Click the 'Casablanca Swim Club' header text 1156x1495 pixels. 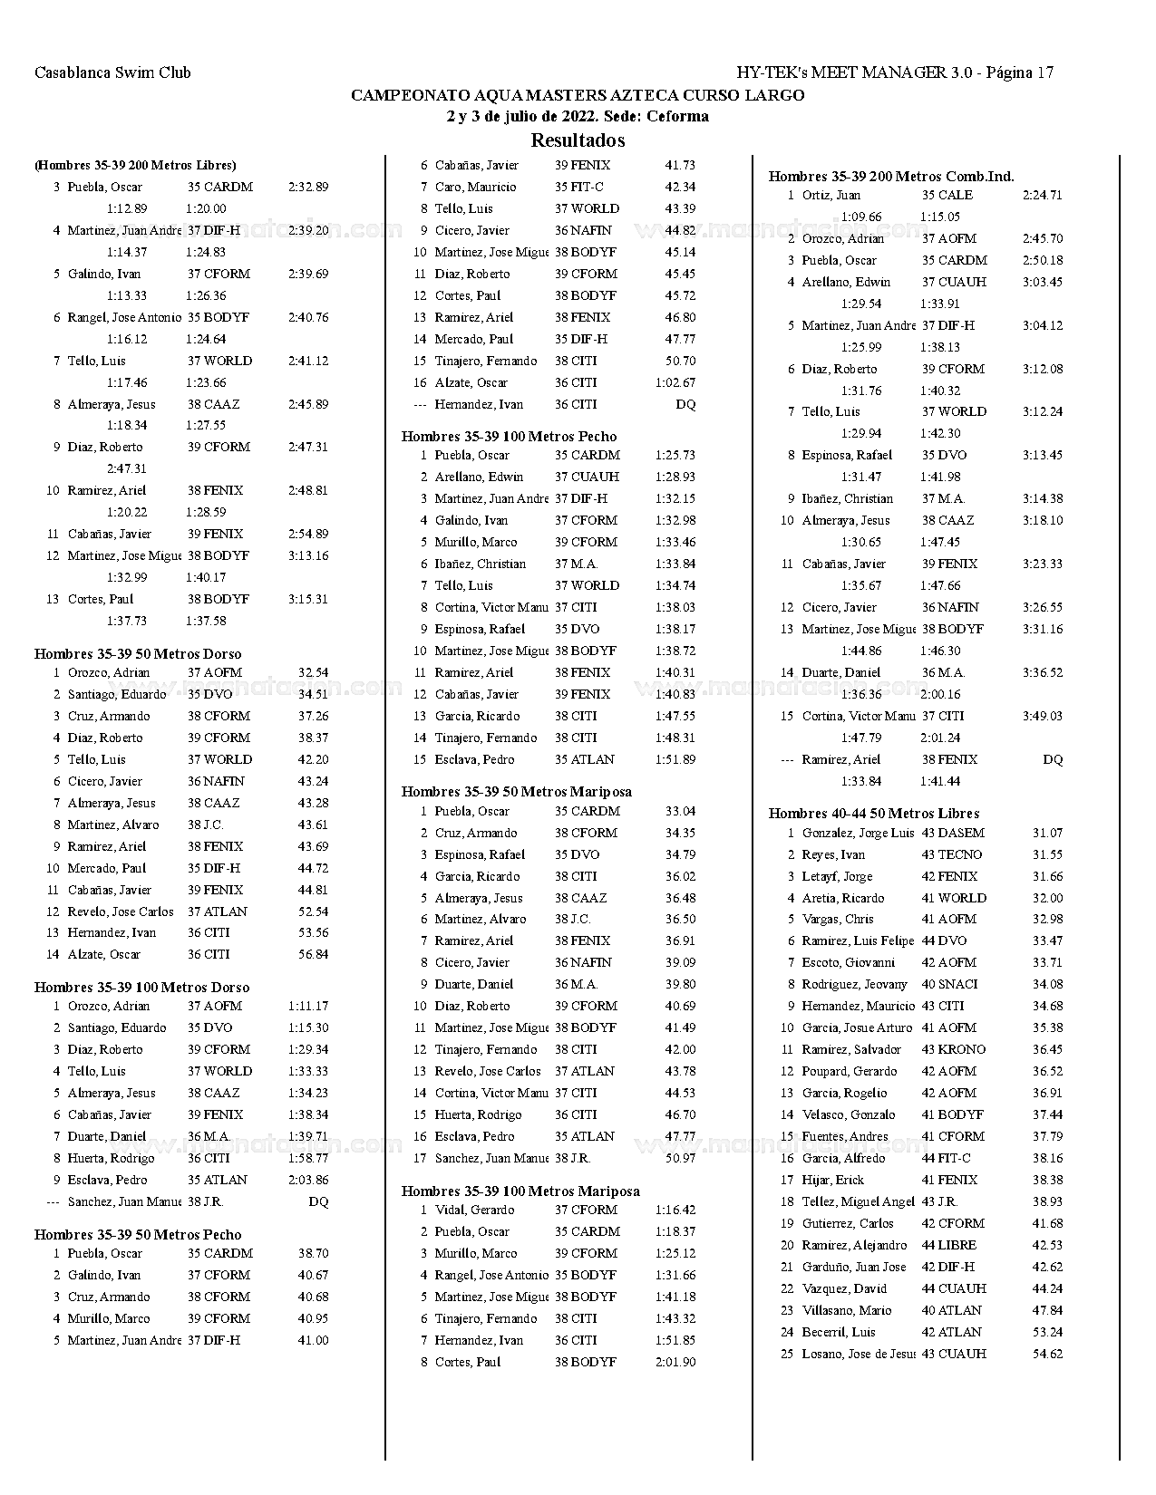coord(112,72)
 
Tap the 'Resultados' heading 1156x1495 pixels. coord(578,140)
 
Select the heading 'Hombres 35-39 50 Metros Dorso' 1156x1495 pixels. coord(138,653)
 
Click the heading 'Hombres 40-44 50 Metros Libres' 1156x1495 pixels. coord(874,813)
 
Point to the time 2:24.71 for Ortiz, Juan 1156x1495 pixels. coord(1042,195)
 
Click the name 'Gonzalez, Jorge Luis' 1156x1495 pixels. coord(858,833)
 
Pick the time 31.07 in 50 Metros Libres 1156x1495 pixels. coord(1047,833)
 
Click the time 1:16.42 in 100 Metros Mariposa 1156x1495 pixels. coord(675,1210)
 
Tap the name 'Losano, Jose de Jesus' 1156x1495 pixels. coord(859,1354)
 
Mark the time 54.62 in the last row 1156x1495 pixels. coord(1047,1354)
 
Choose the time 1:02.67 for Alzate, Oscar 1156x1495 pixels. coord(675,382)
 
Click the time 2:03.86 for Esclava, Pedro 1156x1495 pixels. coord(308,1180)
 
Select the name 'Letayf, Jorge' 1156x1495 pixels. coord(837,876)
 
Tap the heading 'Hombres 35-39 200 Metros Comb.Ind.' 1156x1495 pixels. coord(891,176)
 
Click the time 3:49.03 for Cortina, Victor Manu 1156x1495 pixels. coord(1042,716)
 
